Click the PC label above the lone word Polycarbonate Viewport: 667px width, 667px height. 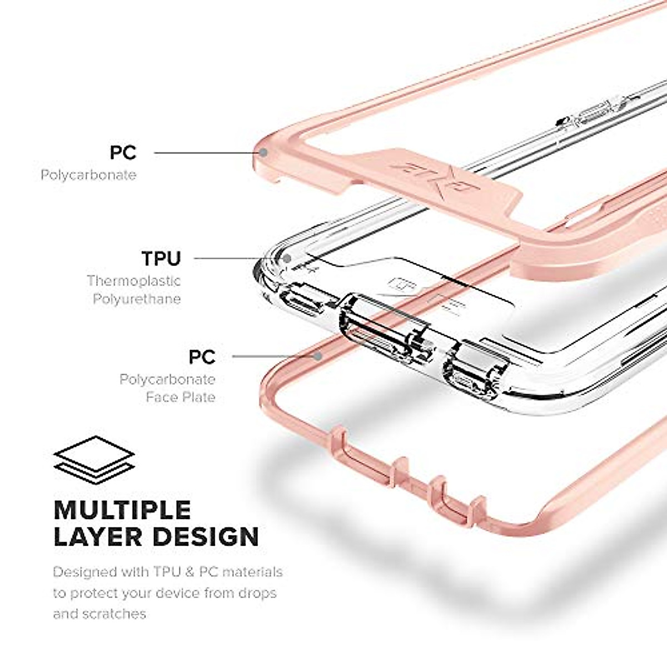[x=123, y=152]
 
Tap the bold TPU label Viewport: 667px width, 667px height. [x=161, y=258]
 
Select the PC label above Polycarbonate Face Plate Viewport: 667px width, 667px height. [x=202, y=357]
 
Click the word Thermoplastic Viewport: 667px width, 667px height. [x=133, y=281]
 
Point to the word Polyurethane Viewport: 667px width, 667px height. [x=137, y=299]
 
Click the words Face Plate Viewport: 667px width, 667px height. [x=181, y=397]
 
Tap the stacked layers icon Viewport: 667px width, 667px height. [x=94, y=460]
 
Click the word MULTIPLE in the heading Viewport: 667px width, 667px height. [x=122, y=510]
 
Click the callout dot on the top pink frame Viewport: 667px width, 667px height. [x=264, y=152]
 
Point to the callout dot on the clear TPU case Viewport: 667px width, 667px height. [x=287, y=258]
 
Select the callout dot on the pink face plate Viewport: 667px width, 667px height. [x=317, y=356]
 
